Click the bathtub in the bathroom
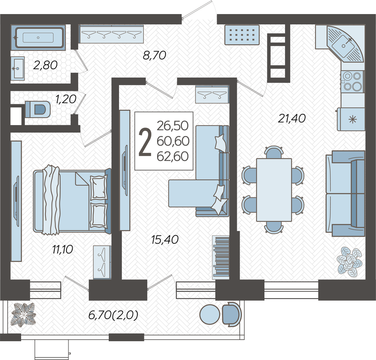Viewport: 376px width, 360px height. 38,37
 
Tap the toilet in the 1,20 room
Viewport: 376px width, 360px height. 38,109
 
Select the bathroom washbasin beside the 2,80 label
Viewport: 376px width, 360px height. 17,68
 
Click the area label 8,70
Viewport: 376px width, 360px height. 154,56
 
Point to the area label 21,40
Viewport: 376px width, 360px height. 292,119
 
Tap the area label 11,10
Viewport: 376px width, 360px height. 62,249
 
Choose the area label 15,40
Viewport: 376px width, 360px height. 165,240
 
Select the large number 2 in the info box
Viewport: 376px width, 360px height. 145,142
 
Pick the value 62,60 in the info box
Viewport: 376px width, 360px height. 173,156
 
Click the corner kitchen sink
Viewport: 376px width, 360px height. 346,44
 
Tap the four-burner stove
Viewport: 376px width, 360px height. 352,81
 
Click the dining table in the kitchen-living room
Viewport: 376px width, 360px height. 274,189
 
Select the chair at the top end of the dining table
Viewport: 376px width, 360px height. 274,152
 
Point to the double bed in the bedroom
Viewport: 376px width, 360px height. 72,201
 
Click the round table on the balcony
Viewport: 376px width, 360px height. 210,314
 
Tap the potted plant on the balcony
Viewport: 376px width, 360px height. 23,314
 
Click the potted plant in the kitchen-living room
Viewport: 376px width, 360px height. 349,262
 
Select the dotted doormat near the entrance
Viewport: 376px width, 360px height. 242,35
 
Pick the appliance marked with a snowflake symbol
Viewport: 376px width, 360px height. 351,119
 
